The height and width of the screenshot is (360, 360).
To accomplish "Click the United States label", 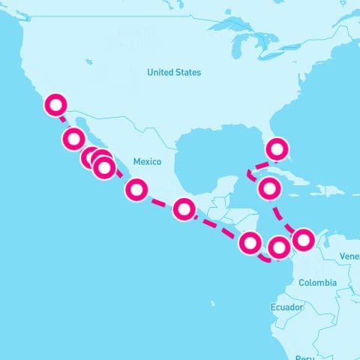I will pyautogui.click(x=174, y=73).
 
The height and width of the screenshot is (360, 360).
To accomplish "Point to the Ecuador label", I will pyautogui.click(x=286, y=307).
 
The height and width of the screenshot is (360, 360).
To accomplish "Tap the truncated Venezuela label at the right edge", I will pyautogui.click(x=349, y=256).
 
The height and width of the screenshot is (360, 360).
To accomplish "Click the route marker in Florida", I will pyautogui.click(x=278, y=149).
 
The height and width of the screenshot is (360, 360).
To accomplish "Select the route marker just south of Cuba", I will pyautogui.click(x=270, y=188).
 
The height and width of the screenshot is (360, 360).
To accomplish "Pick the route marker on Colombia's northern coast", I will pyautogui.click(x=303, y=240).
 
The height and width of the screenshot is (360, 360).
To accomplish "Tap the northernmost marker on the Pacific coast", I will pyautogui.click(x=55, y=105).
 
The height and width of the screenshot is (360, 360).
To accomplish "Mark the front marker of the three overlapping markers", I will pyautogui.click(x=103, y=168).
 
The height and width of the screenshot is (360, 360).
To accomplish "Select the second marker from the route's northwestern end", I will pyautogui.click(x=73, y=138).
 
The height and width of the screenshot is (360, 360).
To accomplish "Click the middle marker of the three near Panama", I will pyautogui.click(x=278, y=246).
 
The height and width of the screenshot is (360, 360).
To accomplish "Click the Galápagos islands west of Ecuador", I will pyautogui.click(x=213, y=304).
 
